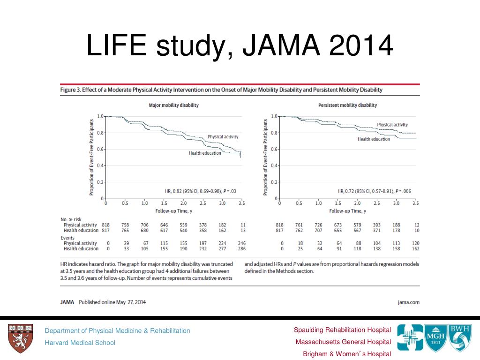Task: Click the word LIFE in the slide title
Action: pyautogui.click(x=117, y=45)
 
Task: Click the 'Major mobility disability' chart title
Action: pyautogui.click(x=173, y=105)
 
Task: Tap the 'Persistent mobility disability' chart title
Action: pyautogui.click(x=347, y=105)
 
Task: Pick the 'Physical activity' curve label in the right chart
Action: pyautogui.click(x=392, y=125)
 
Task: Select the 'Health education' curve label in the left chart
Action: pyautogui.click(x=205, y=153)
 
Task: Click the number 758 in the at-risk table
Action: pyautogui.click(x=125, y=225)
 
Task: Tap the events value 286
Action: pyautogui.click(x=242, y=248)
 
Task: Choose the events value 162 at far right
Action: pyautogui.click(x=415, y=248)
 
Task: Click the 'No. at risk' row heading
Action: pyautogui.click(x=71, y=219)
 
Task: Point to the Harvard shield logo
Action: pyautogui.click(x=20, y=338)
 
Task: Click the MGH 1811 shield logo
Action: pyautogui.click(x=435, y=338)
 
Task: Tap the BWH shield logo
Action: pyautogui.click(x=460, y=337)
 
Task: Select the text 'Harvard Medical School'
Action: pyautogui.click(x=80, y=343)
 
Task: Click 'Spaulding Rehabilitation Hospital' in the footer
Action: pyautogui.click(x=342, y=330)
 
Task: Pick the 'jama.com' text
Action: pyautogui.click(x=409, y=302)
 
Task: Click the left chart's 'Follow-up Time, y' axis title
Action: pyautogui.click(x=173, y=211)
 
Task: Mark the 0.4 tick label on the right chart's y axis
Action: pyautogui.click(x=274, y=165)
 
